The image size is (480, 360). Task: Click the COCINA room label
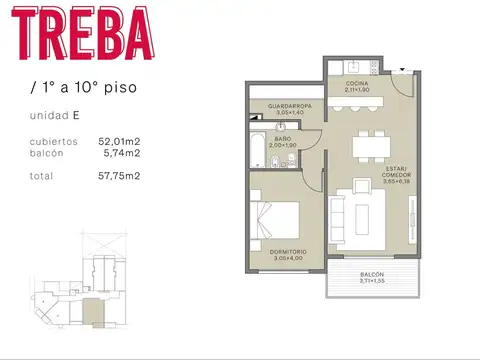click(357, 83)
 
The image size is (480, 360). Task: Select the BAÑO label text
click(284, 140)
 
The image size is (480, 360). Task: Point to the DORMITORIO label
click(288, 251)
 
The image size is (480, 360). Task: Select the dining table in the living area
click(372, 146)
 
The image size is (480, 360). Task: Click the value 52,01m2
click(119, 142)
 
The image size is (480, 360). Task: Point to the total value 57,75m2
click(119, 176)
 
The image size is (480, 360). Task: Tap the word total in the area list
click(41, 176)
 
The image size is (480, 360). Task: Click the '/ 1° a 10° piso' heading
click(84, 86)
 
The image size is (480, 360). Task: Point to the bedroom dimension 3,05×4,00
click(288, 259)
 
